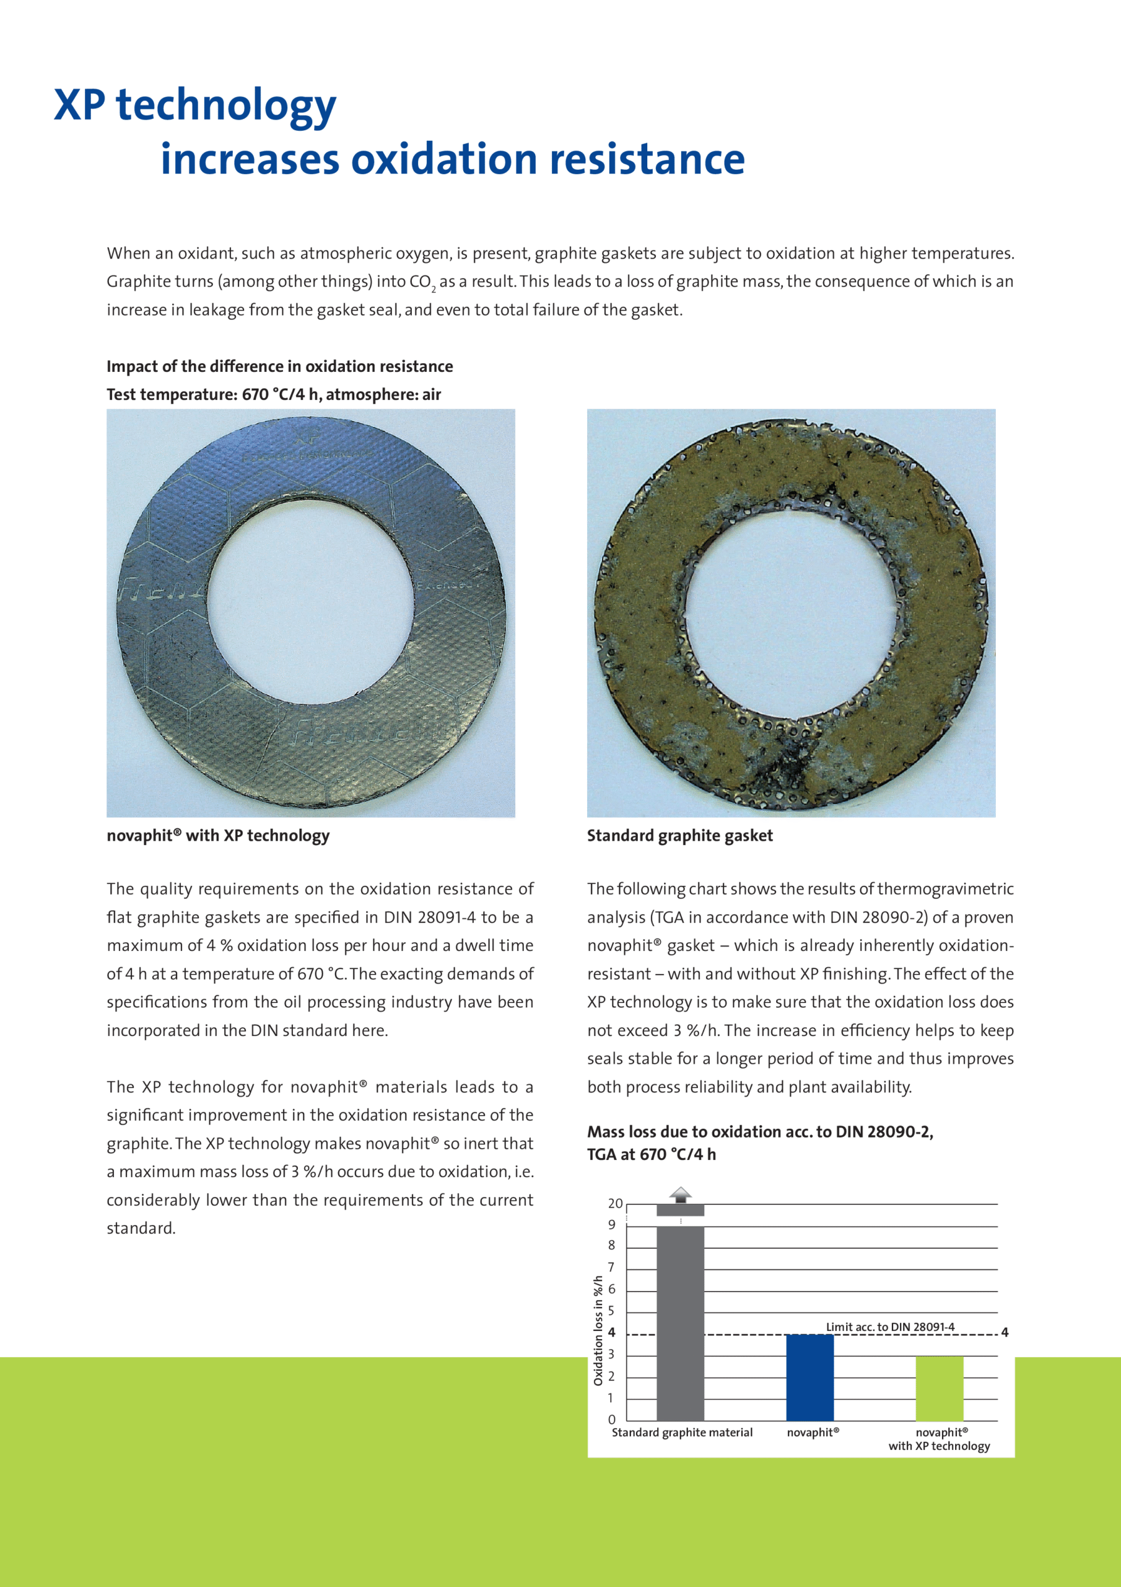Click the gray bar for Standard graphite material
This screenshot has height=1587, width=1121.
[x=679, y=1323]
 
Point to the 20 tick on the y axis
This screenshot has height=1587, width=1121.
[x=615, y=1203]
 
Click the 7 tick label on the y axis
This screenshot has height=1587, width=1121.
[x=611, y=1268]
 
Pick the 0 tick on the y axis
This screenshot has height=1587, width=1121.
[x=611, y=1420]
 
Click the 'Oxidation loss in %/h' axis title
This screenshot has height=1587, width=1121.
[x=598, y=1330]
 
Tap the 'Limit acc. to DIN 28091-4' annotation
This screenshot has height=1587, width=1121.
[x=889, y=1327]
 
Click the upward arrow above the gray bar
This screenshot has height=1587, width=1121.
[x=680, y=1194]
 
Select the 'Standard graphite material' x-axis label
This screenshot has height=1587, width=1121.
[x=682, y=1432]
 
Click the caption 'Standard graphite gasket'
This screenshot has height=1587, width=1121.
[x=679, y=836]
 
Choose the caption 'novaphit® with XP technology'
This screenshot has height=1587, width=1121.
[x=217, y=836]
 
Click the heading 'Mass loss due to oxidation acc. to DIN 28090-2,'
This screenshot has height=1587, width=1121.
[x=760, y=1131]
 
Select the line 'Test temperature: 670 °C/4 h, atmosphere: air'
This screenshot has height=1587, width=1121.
[x=274, y=395]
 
